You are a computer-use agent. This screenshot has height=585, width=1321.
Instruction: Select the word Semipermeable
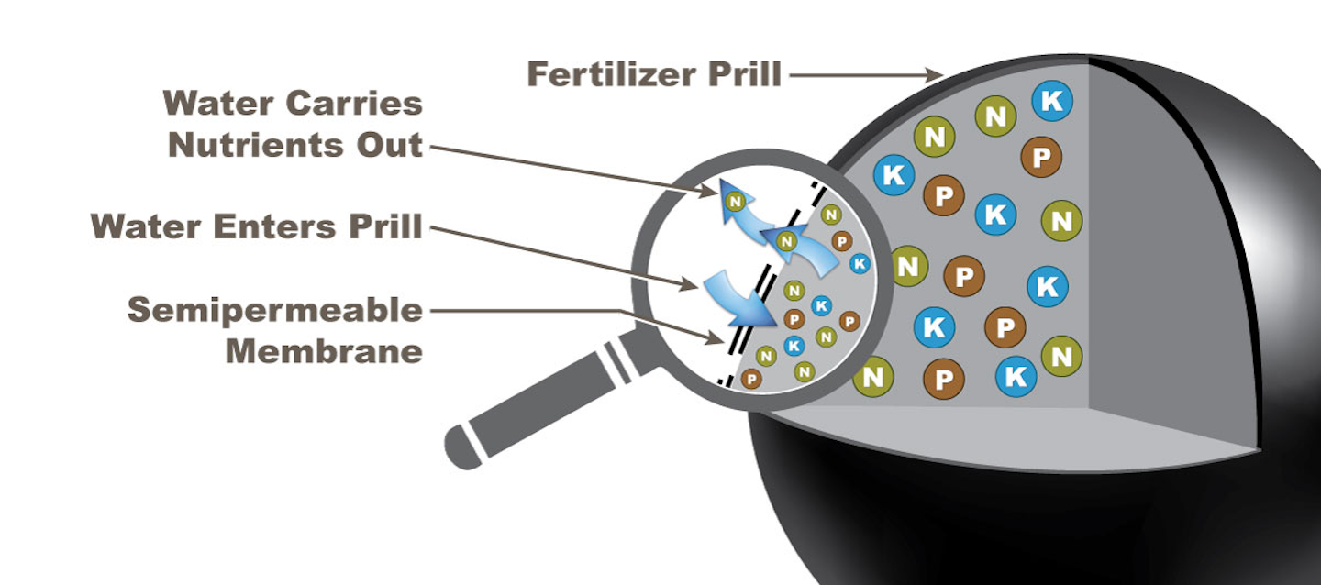(x=274, y=311)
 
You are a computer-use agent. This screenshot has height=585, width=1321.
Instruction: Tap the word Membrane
(x=324, y=350)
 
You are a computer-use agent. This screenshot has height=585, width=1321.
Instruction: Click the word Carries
(x=357, y=104)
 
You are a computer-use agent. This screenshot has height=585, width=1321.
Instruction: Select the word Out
(x=396, y=144)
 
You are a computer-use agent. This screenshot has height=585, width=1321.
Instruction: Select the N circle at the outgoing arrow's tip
(x=734, y=200)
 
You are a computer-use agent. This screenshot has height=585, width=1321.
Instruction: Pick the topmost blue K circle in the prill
(x=1051, y=101)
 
